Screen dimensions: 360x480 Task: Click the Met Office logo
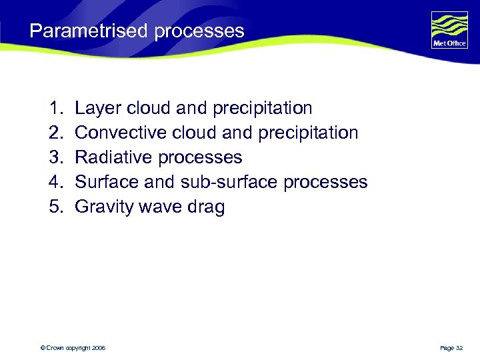coord(449,30)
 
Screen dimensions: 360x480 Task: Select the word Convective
coord(120,133)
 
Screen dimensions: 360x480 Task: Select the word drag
coord(207,207)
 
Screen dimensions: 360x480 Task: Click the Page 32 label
coord(451,348)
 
